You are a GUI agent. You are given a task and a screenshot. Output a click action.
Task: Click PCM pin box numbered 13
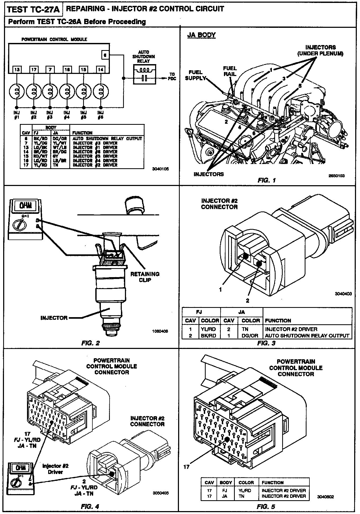pyautogui.click(x=17, y=70)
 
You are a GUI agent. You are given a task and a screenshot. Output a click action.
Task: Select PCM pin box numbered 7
pyautogui.click(x=50, y=70)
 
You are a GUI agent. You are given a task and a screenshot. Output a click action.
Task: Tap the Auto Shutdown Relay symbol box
pyautogui.click(x=144, y=74)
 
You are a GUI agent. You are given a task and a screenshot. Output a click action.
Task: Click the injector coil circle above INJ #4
pyautogui.click(x=67, y=92)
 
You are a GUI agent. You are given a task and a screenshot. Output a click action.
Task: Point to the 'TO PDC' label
pyautogui.click(x=172, y=76)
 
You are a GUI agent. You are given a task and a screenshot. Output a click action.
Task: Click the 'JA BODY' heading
pyautogui.click(x=201, y=35)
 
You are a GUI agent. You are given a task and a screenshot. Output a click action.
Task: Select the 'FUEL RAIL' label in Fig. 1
pyautogui.click(x=230, y=71)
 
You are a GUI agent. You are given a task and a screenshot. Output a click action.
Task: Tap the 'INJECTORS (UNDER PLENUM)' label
pyautogui.click(x=320, y=50)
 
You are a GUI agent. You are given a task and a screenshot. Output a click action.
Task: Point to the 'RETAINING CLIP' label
pyautogui.click(x=145, y=277)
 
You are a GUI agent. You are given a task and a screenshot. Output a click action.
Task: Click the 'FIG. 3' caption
pyautogui.click(x=266, y=343)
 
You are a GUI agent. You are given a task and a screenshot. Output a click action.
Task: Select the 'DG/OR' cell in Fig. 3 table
pyautogui.click(x=250, y=336)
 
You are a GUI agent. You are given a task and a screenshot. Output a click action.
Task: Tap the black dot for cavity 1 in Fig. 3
pyautogui.click(x=245, y=256)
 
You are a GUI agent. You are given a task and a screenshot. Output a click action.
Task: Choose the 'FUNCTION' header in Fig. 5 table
pyautogui.click(x=273, y=482)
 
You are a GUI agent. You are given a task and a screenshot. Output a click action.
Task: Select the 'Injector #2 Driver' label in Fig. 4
pyautogui.click(x=52, y=469)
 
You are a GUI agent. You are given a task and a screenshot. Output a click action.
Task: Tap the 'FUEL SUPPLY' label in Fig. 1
pyautogui.click(x=196, y=75)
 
